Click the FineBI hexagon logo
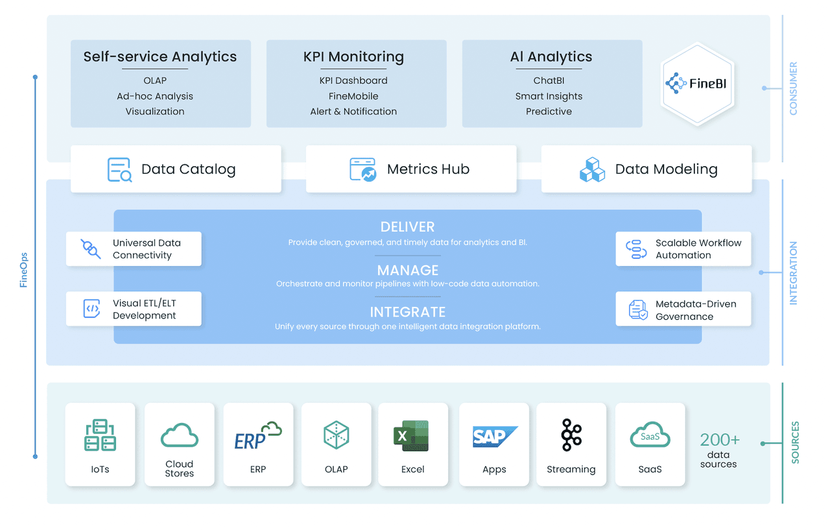click(697, 84)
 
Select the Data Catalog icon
click(119, 169)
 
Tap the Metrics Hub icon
click(363, 169)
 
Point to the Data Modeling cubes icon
click(592, 169)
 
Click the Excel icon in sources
click(411, 435)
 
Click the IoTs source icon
click(100, 435)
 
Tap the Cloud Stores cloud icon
click(179, 435)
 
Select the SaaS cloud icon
click(650, 436)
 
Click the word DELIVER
click(407, 227)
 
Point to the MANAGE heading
click(408, 270)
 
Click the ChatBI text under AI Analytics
click(549, 80)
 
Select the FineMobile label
click(353, 96)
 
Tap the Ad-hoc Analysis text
click(155, 96)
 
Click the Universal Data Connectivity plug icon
click(91, 249)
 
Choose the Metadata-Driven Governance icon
click(638, 309)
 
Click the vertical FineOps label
click(23, 270)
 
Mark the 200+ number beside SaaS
click(720, 440)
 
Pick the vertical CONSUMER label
click(793, 89)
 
